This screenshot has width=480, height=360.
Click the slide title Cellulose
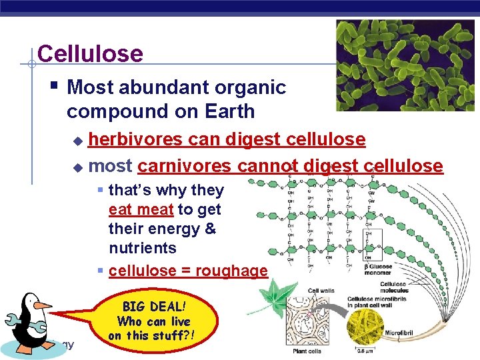tap(90, 53)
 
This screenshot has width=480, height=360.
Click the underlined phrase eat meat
tap(141, 209)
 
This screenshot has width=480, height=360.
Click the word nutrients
tap(142, 248)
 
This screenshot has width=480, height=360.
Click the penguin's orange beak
tap(42, 305)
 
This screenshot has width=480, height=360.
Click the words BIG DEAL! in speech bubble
tap(153, 307)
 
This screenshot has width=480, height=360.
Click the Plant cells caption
tap(308, 351)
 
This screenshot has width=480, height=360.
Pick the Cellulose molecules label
tap(393, 287)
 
